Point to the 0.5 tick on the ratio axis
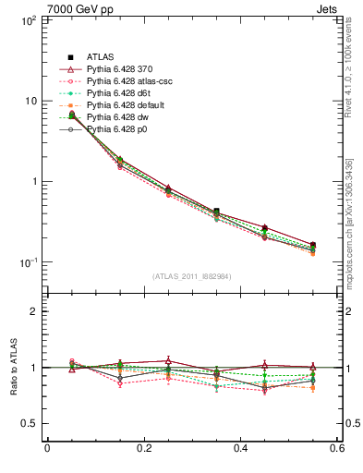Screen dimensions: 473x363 coord(28,423)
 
